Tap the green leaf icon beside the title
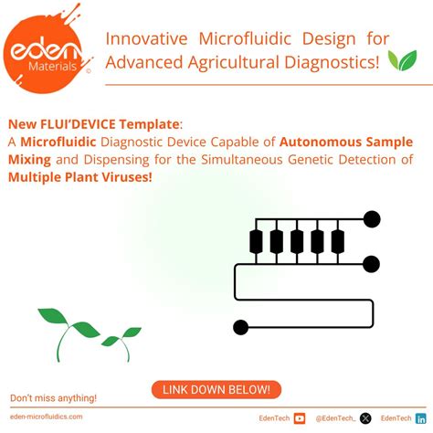coord(401,61)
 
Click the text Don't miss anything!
coord(53,398)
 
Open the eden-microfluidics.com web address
coord(46,417)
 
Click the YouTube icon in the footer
coord(299,418)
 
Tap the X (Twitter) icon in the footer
coord(366,418)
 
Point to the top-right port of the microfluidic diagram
coord(372,219)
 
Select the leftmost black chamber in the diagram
coord(257,241)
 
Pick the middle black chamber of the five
coord(297,241)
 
